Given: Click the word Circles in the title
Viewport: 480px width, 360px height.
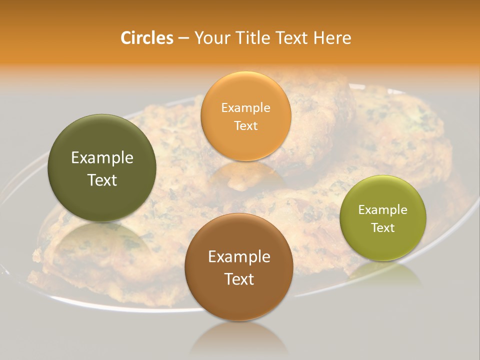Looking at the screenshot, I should click(x=147, y=38).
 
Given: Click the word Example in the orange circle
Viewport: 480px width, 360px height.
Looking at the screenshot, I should click(x=246, y=107).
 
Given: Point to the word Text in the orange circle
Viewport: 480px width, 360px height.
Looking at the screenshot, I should click(x=246, y=125).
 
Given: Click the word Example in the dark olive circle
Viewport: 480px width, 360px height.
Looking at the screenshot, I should click(x=102, y=158).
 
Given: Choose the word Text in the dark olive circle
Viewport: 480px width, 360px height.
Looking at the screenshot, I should click(x=102, y=180).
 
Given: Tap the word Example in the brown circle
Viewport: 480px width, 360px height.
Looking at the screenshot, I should click(x=239, y=257).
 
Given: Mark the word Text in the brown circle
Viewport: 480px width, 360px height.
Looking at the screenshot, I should click(x=239, y=279).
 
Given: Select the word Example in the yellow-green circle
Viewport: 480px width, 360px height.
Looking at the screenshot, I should click(x=383, y=209).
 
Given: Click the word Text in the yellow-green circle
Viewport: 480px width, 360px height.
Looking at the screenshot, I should click(x=383, y=227).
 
